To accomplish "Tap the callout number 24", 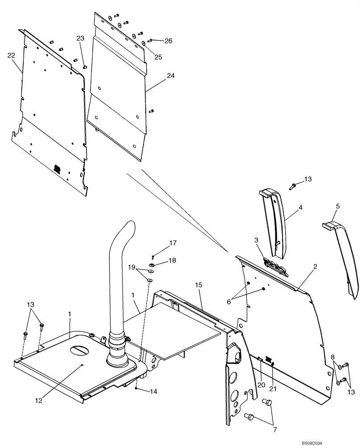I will coord(171,76).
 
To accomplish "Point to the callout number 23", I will coord(80,38).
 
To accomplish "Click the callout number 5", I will coord(337,206).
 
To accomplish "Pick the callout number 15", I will coord(199,284).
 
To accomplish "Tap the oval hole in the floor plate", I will coord(82,349).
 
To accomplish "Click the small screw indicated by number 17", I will coord(152,256).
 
